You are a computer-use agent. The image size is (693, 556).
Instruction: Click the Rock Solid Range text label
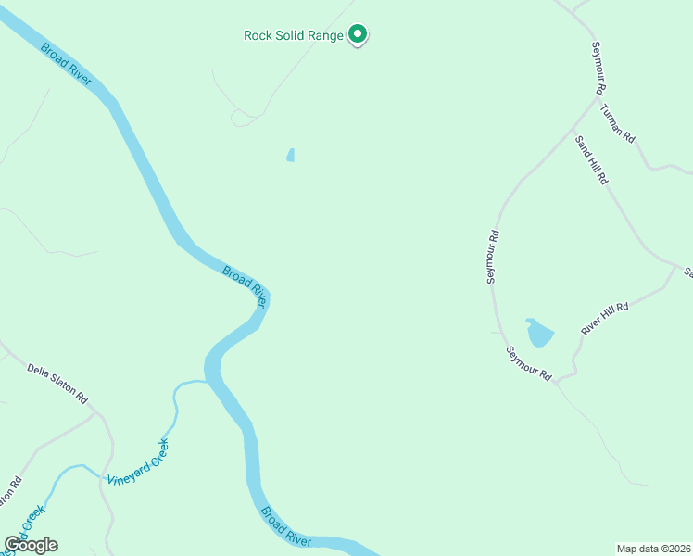coord(294,36)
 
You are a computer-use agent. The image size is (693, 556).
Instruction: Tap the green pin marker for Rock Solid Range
coord(359,35)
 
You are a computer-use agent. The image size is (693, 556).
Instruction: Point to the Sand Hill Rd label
coord(589,159)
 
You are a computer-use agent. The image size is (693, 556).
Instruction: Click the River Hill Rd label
coord(604,318)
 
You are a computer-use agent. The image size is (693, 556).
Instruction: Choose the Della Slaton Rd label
coord(57,383)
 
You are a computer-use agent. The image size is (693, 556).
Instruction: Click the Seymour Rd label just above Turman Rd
coord(598,69)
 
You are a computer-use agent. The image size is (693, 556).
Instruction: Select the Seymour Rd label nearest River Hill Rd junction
coord(529,363)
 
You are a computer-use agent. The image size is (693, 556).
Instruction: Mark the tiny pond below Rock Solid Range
coord(290,155)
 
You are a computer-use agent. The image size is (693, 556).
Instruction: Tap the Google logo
coord(31,545)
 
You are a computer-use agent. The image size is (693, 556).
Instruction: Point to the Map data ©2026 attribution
coord(653,549)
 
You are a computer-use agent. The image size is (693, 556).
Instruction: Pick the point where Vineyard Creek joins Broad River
coord(208,382)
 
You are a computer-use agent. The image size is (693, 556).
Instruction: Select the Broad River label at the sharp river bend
coord(246,286)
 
